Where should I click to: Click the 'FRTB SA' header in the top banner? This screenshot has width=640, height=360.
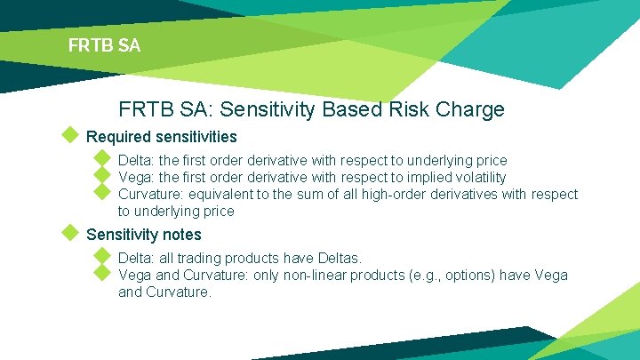point(104,45)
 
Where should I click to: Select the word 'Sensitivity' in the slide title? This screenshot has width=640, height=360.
point(270,109)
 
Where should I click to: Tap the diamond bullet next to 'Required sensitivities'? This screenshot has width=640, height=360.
point(70,136)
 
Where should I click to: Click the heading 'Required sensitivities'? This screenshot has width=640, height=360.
point(161,137)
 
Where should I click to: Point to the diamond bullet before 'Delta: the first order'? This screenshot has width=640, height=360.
point(102,160)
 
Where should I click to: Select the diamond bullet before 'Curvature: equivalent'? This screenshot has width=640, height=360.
point(102,193)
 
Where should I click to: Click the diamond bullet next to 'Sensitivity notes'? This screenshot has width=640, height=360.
point(70,234)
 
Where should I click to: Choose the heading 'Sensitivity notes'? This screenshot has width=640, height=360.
point(143,235)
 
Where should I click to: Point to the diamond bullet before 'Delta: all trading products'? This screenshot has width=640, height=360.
point(102,257)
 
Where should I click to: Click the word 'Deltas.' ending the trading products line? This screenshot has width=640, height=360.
point(338,258)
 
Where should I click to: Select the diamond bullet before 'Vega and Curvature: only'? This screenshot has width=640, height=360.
point(102,274)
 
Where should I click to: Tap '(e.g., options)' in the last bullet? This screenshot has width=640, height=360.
point(451,275)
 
